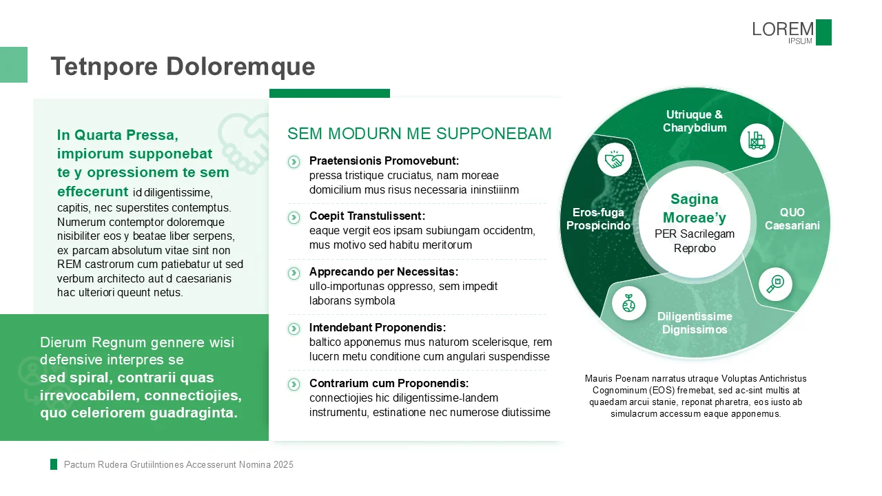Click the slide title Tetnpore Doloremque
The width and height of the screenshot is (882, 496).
click(x=183, y=67)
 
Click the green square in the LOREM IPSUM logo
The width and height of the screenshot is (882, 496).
click(x=823, y=32)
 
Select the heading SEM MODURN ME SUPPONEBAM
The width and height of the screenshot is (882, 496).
click(x=419, y=134)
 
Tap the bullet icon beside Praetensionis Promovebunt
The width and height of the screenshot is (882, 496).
click(x=294, y=161)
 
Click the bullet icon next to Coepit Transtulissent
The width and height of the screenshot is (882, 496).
click(x=294, y=217)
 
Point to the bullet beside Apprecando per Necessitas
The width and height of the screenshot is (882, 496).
click(x=294, y=273)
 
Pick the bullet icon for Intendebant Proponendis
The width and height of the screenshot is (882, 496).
click(x=294, y=329)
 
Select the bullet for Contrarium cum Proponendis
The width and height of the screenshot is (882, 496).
click(x=294, y=384)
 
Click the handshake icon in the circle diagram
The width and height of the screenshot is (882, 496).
click(x=614, y=161)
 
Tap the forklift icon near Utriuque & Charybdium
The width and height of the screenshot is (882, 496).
click(x=757, y=141)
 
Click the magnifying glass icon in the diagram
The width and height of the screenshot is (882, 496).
click(x=775, y=284)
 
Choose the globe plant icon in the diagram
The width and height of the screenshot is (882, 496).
click(x=628, y=303)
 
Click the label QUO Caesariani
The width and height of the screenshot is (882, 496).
click(x=792, y=219)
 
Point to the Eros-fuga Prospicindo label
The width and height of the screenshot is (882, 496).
click(x=598, y=219)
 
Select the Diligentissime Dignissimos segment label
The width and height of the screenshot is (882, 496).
click(x=695, y=323)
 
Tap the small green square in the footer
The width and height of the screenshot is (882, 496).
click(x=54, y=464)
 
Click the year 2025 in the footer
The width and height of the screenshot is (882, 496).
click(x=283, y=465)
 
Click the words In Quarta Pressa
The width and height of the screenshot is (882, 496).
click(x=117, y=135)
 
